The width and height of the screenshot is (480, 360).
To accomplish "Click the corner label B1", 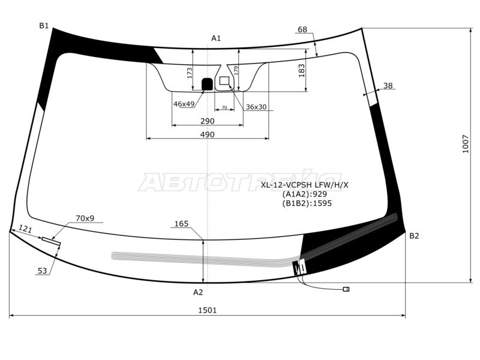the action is coord(44,26).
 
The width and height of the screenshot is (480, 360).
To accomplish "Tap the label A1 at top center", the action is coord(216,38).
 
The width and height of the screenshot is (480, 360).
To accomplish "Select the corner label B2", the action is coord(414,236).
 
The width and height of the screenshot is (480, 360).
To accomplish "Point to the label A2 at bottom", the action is coord(198,292).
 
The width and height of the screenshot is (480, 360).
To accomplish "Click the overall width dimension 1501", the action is coord(207,310).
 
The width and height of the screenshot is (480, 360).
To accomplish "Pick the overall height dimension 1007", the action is coord(466,144).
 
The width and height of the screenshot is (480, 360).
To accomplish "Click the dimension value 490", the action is coord(207,134).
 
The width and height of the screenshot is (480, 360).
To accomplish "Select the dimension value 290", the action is coord(207,121).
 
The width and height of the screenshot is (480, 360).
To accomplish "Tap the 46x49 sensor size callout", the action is coord(184,104).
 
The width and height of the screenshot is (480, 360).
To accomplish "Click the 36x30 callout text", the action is coord(256,107).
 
